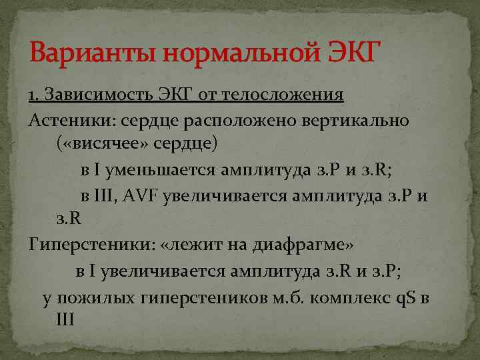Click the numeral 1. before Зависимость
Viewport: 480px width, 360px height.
point(33,95)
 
